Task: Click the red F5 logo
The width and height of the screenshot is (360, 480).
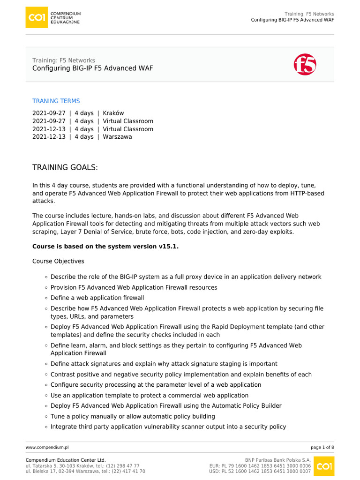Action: click(305, 64)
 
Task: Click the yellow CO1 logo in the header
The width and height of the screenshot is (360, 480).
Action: click(37, 17)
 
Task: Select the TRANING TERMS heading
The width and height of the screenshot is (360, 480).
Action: click(56, 101)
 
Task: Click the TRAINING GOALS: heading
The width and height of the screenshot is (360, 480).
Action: click(65, 168)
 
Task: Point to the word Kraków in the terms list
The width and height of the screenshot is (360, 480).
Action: click(113, 113)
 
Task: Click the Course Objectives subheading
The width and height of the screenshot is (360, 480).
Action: click(58, 261)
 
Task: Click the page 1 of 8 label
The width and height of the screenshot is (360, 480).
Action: click(322, 448)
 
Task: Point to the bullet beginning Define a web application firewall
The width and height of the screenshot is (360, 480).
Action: click(97, 298)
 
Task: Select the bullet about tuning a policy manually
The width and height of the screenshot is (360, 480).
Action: click(133, 416)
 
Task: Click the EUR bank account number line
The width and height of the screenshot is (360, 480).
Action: click(260, 466)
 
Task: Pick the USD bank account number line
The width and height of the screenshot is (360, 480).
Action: click(260, 472)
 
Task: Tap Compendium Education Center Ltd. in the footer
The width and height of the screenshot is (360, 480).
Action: click(66, 460)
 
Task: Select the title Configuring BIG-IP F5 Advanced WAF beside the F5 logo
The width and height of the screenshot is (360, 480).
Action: click(92, 68)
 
